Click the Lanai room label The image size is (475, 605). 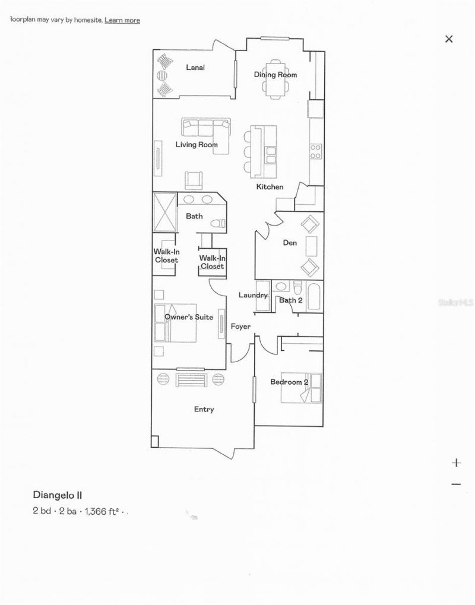(195, 68)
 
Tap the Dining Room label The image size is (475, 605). (275, 75)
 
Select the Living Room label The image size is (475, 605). (196, 145)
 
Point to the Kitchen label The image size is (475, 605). (270, 188)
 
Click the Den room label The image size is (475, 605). (289, 242)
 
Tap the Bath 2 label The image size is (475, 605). (291, 300)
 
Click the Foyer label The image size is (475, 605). (240, 327)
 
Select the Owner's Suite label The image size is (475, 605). (189, 318)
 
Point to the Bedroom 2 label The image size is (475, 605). (289, 382)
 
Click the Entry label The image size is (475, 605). (204, 410)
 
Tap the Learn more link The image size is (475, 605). (122, 20)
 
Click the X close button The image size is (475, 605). (449, 39)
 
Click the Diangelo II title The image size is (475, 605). (61, 494)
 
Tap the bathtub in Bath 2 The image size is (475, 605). (314, 296)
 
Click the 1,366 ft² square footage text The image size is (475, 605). (103, 510)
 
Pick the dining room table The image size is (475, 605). (275, 80)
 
